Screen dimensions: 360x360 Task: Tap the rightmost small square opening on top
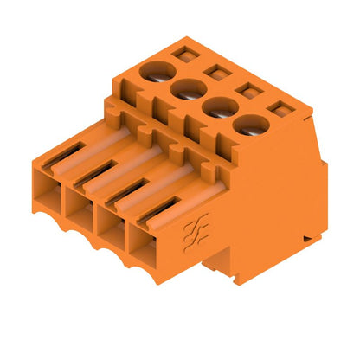pyautogui.click(x=280, y=109)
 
